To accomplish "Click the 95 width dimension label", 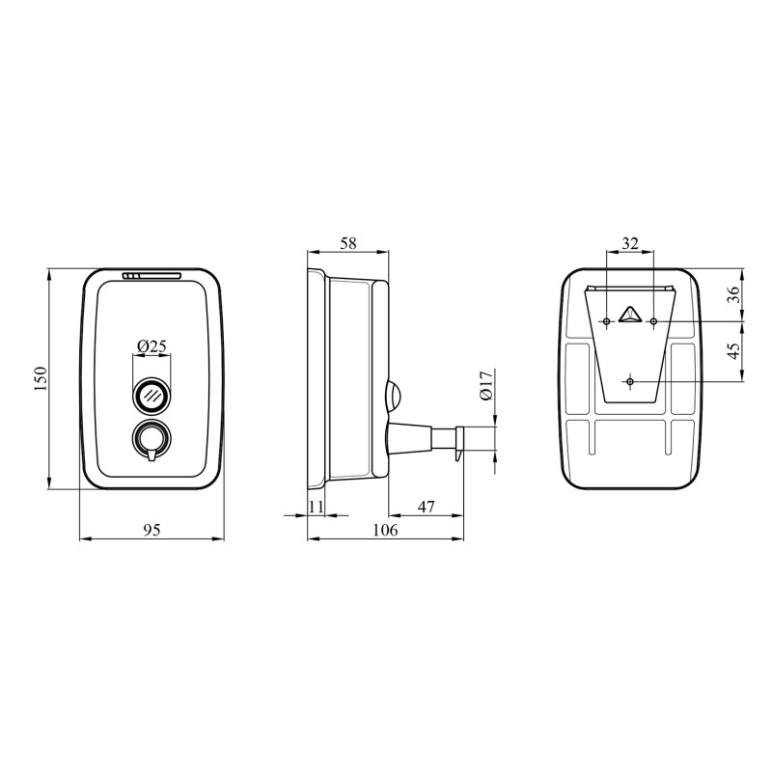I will point(151,529).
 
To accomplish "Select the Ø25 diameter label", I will point(151,345).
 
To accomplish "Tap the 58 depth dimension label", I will point(347,243).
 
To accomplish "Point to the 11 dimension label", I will point(316,506).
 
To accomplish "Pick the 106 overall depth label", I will point(384,529).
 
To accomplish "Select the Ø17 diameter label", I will point(486,386).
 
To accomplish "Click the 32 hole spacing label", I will point(629,243).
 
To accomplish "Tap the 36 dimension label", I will point(733,294).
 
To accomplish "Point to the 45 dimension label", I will point(733,351).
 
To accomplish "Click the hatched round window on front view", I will point(151,394).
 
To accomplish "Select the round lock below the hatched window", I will point(151,439).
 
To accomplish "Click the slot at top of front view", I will point(152,277).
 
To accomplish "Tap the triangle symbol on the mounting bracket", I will point(630,314).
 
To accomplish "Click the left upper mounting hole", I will point(606,320).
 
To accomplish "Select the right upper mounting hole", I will point(653,320).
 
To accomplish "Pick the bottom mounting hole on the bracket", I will point(630,382).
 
